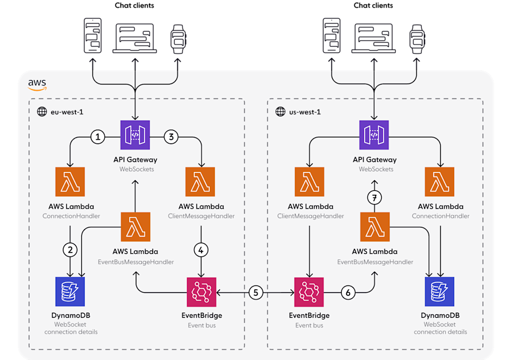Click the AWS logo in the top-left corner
click(37, 84)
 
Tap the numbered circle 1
click(99, 136)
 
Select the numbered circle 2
click(71, 250)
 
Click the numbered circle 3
click(171, 136)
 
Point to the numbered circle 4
click(201, 250)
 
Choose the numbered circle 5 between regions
click(256, 293)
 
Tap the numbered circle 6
click(348, 293)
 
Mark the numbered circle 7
click(374, 197)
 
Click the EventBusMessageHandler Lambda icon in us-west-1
click(374, 227)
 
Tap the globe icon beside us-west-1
click(280, 112)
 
